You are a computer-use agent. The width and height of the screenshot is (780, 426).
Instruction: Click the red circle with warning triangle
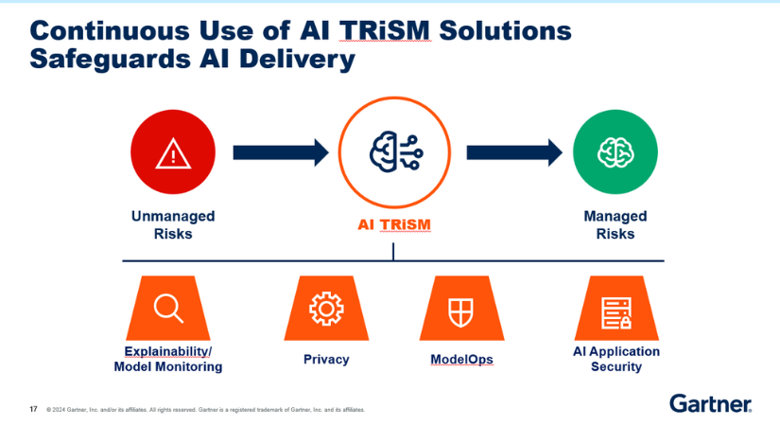pyautogui.click(x=172, y=151)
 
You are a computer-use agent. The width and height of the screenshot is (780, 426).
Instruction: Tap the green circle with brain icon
pyautogui.click(x=615, y=151)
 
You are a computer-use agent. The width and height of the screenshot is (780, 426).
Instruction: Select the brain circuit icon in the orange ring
pyautogui.click(x=393, y=151)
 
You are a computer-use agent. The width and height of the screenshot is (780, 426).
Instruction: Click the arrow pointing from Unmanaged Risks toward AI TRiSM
pyautogui.click(x=281, y=151)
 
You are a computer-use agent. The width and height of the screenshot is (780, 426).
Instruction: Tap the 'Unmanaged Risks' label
pyautogui.click(x=172, y=224)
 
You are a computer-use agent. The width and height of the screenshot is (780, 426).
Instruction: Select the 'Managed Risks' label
pyautogui.click(x=615, y=224)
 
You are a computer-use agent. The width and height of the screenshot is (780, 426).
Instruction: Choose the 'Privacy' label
pyautogui.click(x=326, y=360)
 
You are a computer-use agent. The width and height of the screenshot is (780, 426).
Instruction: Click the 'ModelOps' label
pyautogui.click(x=460, y=360)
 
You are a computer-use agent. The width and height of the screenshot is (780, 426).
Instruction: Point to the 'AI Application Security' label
pyautogui.click(x=616, y=359)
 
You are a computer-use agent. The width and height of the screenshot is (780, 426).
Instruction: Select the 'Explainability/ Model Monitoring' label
pyautogui.click(x=168, y=359)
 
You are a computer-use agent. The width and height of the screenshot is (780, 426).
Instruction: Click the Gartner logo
pyautogui.click(x=710, y=404)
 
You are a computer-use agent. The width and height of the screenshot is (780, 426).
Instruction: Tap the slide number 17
pyautogui.click(x=34, y=410)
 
